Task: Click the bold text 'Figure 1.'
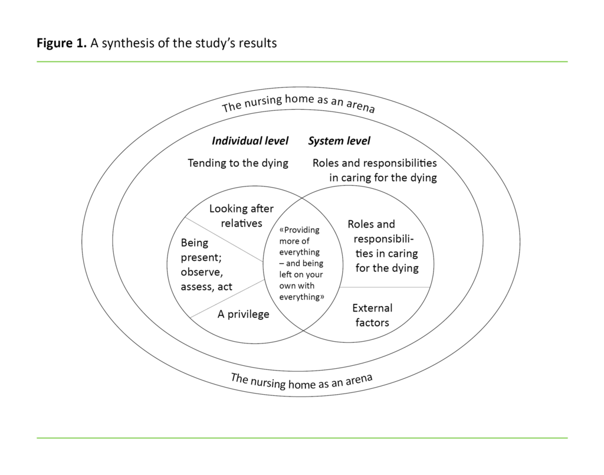pos(62,43)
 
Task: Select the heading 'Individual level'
pos(250,141)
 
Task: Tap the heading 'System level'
pos(339,141)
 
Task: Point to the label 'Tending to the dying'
pos(238,163)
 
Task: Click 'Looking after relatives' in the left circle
pos(241,216)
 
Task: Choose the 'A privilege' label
pos(243,314)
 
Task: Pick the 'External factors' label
pos(372,315)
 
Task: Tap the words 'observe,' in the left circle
pos(202,272)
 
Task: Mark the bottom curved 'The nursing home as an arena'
pos(301,381)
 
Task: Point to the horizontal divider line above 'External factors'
pos(386,287)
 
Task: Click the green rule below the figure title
pos(302,61)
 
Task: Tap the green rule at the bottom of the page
pos(302,438)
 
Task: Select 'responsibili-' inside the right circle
pos(384,239)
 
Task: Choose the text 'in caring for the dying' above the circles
pos(383,178)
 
